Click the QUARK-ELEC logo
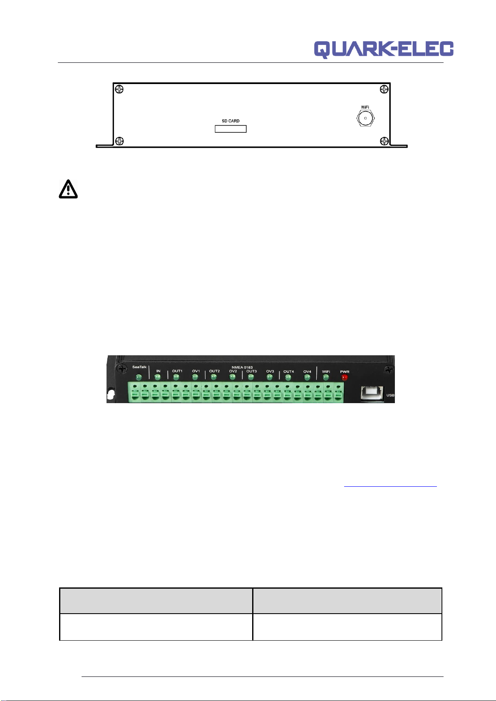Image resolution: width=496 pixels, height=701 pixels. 384,50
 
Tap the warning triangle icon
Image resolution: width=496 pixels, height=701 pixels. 68,189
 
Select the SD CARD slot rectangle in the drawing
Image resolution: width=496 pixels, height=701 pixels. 231,129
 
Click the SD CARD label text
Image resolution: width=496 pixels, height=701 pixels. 231,121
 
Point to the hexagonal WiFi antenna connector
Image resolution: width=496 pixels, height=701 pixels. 365,118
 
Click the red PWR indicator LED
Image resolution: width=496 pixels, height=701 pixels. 345,377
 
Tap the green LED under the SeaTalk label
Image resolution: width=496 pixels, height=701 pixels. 139,377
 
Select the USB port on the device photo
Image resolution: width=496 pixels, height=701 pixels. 372,393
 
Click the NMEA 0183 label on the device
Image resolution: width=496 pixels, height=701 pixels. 242,367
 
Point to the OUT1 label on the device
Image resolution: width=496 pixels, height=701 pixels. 177,371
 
